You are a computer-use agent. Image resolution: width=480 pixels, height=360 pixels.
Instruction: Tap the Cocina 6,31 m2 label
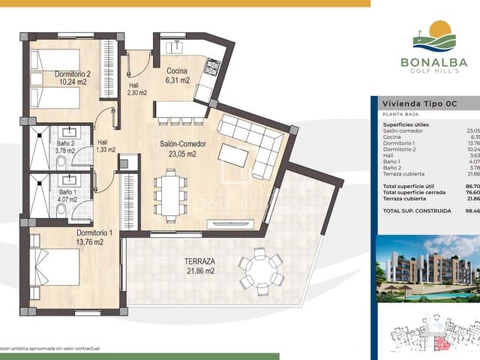pyautogui.click(x=177, y=75)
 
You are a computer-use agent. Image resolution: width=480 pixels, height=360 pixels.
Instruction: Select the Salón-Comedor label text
pyautogui.click(x=182, y=148)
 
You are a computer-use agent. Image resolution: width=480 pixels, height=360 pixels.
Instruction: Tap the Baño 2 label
pyautogui.click(x=67, y=146)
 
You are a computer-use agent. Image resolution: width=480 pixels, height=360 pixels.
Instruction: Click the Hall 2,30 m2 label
pyautogui.click(x=136, y=89)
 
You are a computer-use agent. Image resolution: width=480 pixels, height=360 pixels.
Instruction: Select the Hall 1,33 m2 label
pyautogui.click(x=106, y=145)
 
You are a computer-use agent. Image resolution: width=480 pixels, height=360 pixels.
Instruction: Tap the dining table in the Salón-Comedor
pyautogui.click(x=171, y=194)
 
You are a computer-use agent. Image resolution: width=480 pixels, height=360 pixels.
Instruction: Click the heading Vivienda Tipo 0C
pyautogui.click(x=419, y=103)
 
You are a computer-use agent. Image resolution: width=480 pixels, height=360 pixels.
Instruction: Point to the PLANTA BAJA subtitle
pyautogui.click(x=399, y=114)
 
